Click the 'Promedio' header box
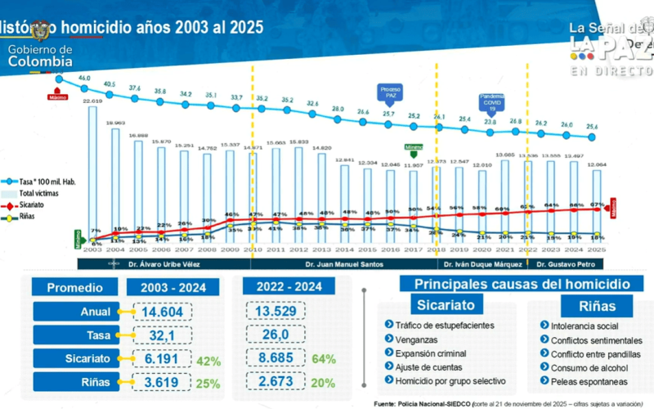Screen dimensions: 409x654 tap(74, 287)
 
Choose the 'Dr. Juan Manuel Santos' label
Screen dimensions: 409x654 tap(345, 264)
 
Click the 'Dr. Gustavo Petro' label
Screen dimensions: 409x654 tap(566, 264)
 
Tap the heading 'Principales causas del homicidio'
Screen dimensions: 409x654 tap(522, 284)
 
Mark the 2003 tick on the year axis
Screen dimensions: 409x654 tap(92, 250)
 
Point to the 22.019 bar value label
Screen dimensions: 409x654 tap(92, 101)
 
